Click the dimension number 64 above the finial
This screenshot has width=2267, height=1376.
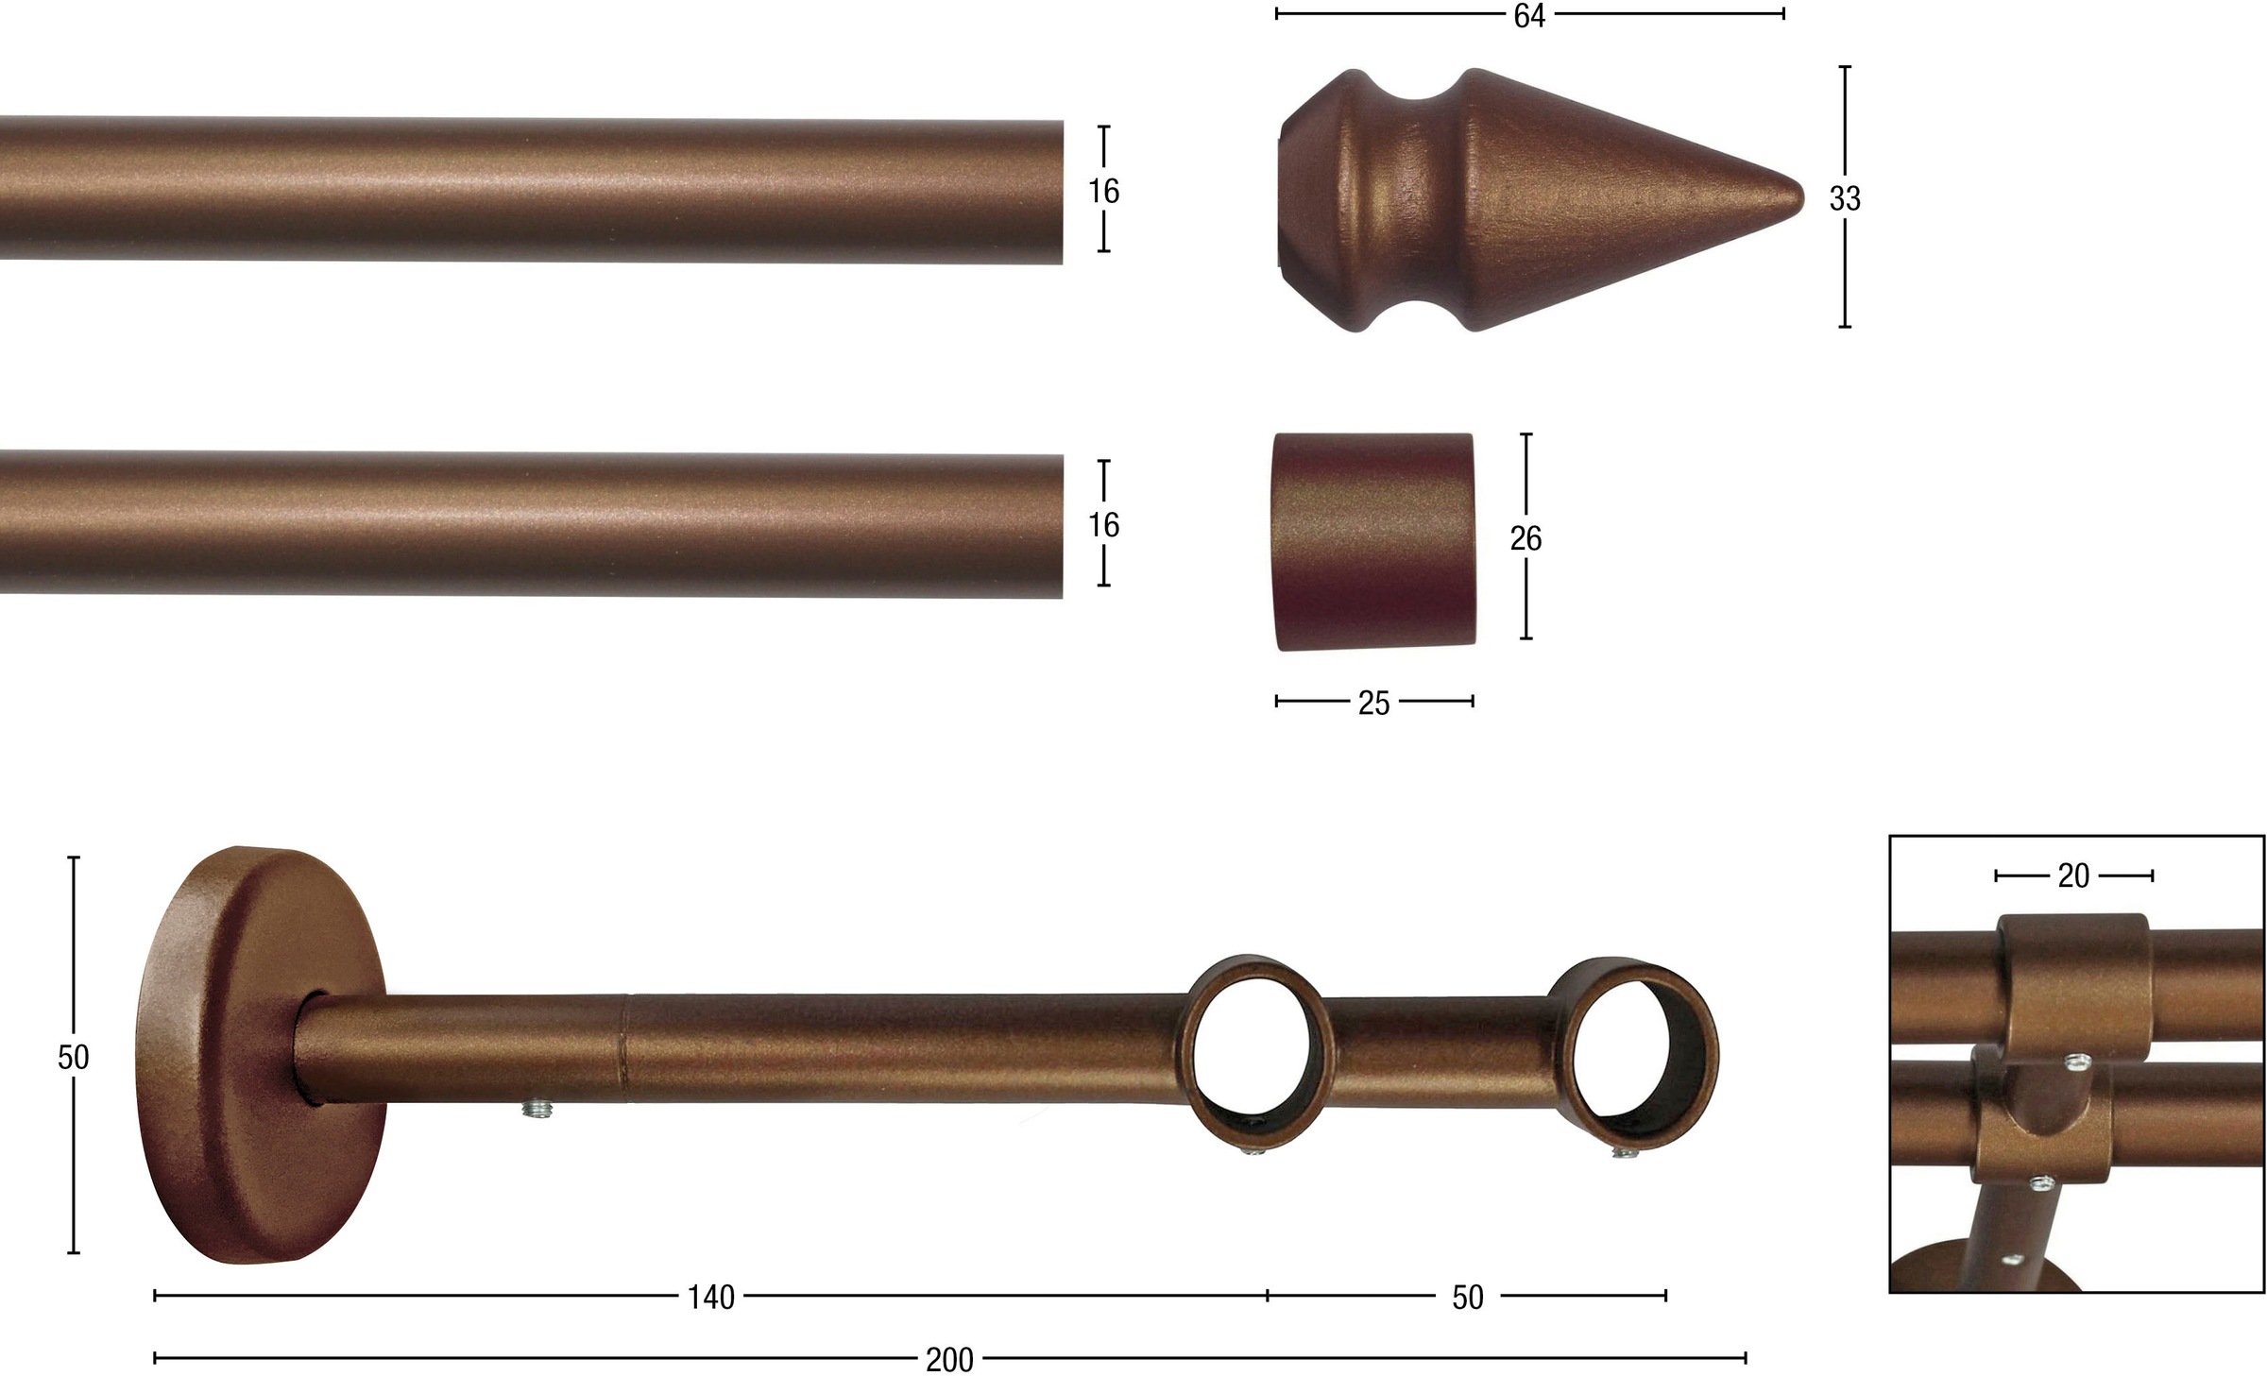[x=1528, y=16]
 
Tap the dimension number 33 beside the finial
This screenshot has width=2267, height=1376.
[x=1844, y=198]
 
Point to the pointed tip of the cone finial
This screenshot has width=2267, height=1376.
[x=1801, y=199]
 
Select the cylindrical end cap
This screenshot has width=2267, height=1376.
[x=1374, y=541]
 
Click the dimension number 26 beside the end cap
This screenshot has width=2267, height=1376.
[x=1526, y=538]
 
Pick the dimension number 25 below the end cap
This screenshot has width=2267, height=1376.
[x=1373, y=704]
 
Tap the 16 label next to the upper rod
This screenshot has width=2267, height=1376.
[x=1103, y=192]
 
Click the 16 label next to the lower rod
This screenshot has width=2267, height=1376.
[x=1103, y=525]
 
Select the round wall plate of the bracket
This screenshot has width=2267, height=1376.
[x=260, y=1055]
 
